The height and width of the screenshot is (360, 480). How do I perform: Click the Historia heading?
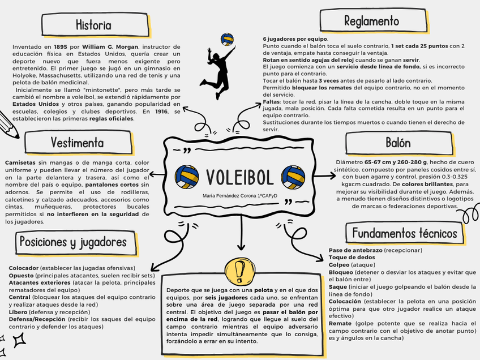click(93, 25)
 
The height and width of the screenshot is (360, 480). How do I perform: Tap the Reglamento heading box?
click(371, 22)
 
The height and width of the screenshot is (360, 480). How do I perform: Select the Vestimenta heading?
click(77, 142)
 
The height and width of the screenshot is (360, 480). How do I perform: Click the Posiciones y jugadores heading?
click(73, 242)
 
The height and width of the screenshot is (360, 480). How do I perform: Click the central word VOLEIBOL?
click(240, 177)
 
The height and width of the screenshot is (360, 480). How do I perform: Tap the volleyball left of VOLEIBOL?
click(187, 177)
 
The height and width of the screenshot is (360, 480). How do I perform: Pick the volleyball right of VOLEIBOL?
click(293, 177)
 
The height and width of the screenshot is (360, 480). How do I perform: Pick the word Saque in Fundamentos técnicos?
click(338, 286)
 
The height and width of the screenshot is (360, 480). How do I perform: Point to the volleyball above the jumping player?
click(227, 40)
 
